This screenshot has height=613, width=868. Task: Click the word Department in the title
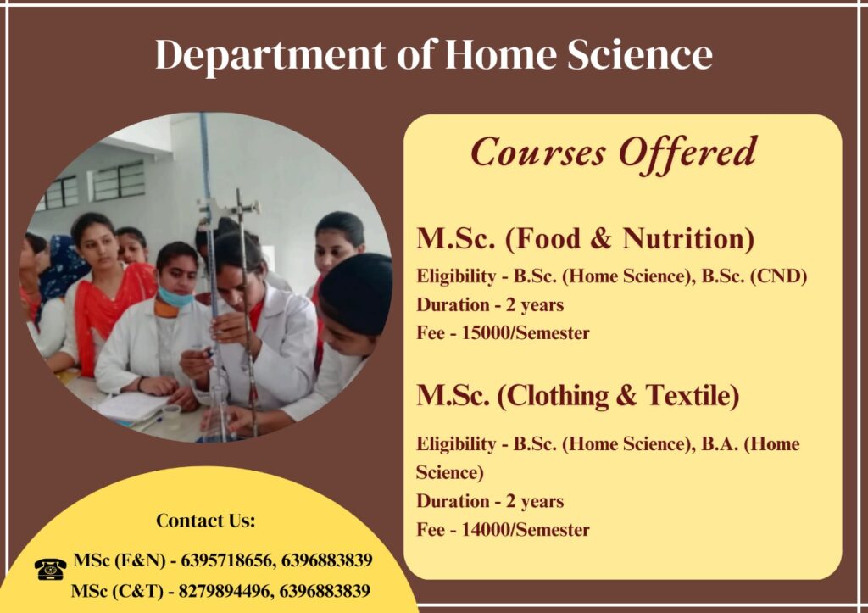point(270,56)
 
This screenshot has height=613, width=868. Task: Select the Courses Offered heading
point(614,153)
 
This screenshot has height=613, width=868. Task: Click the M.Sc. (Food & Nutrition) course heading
point(585,238)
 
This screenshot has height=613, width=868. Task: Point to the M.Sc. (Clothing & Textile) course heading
point(578,396)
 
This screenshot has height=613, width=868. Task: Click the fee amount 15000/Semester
point(526,333)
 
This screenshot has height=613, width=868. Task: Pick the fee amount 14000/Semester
point(526,529)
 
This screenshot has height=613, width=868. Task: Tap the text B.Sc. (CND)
point(754,276)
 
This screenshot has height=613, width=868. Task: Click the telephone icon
point(50,569)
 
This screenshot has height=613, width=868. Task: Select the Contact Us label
point(205,521)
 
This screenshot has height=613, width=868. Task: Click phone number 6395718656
point(227,560)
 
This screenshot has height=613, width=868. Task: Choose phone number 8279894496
point(225,592)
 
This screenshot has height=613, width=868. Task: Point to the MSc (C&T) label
point(117,592)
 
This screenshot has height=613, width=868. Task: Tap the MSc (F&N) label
point(120,560)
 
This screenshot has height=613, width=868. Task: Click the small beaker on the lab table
point(171,416)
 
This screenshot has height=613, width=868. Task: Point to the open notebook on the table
point(133,407)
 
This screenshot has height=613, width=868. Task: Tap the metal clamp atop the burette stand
point(228,209)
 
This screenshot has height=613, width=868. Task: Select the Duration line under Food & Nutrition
point(490,305)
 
